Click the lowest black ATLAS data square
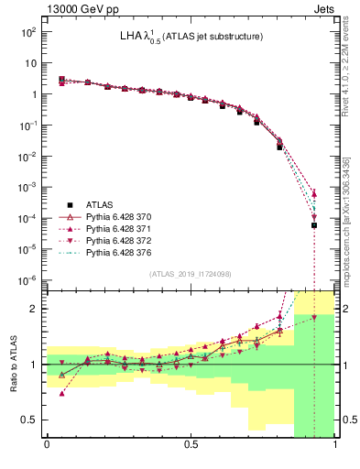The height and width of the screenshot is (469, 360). pyautogui.click(x=314, y=225)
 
